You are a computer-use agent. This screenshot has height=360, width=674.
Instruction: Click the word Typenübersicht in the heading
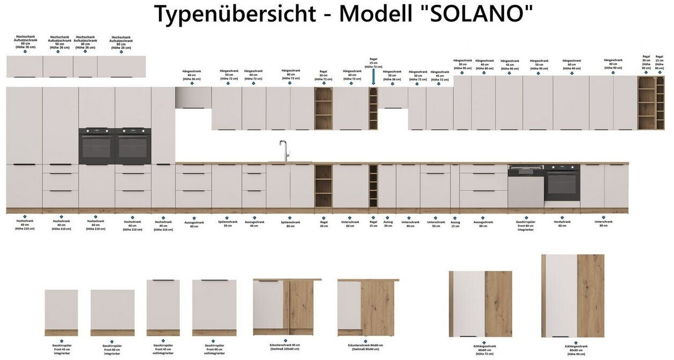tap(234, 14)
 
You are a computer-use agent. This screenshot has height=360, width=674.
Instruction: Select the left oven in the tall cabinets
tap(97, 146)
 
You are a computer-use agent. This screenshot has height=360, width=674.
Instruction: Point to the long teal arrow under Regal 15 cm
tap(373, 76)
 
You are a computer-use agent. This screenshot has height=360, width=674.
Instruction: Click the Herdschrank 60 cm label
tap(562, 224)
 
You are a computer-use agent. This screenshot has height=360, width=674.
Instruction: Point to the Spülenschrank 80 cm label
tap(290, 224)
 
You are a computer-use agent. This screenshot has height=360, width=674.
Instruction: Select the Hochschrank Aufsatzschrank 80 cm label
tap(121, 42)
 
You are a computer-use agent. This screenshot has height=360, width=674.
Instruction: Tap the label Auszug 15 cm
tap(455, 224)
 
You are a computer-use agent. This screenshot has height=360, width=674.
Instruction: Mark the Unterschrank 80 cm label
tap(604, 223)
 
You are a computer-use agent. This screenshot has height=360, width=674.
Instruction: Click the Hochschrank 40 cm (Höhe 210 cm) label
tap(163, 225)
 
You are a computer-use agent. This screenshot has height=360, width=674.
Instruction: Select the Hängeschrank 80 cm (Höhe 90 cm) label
tap(613, 64)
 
